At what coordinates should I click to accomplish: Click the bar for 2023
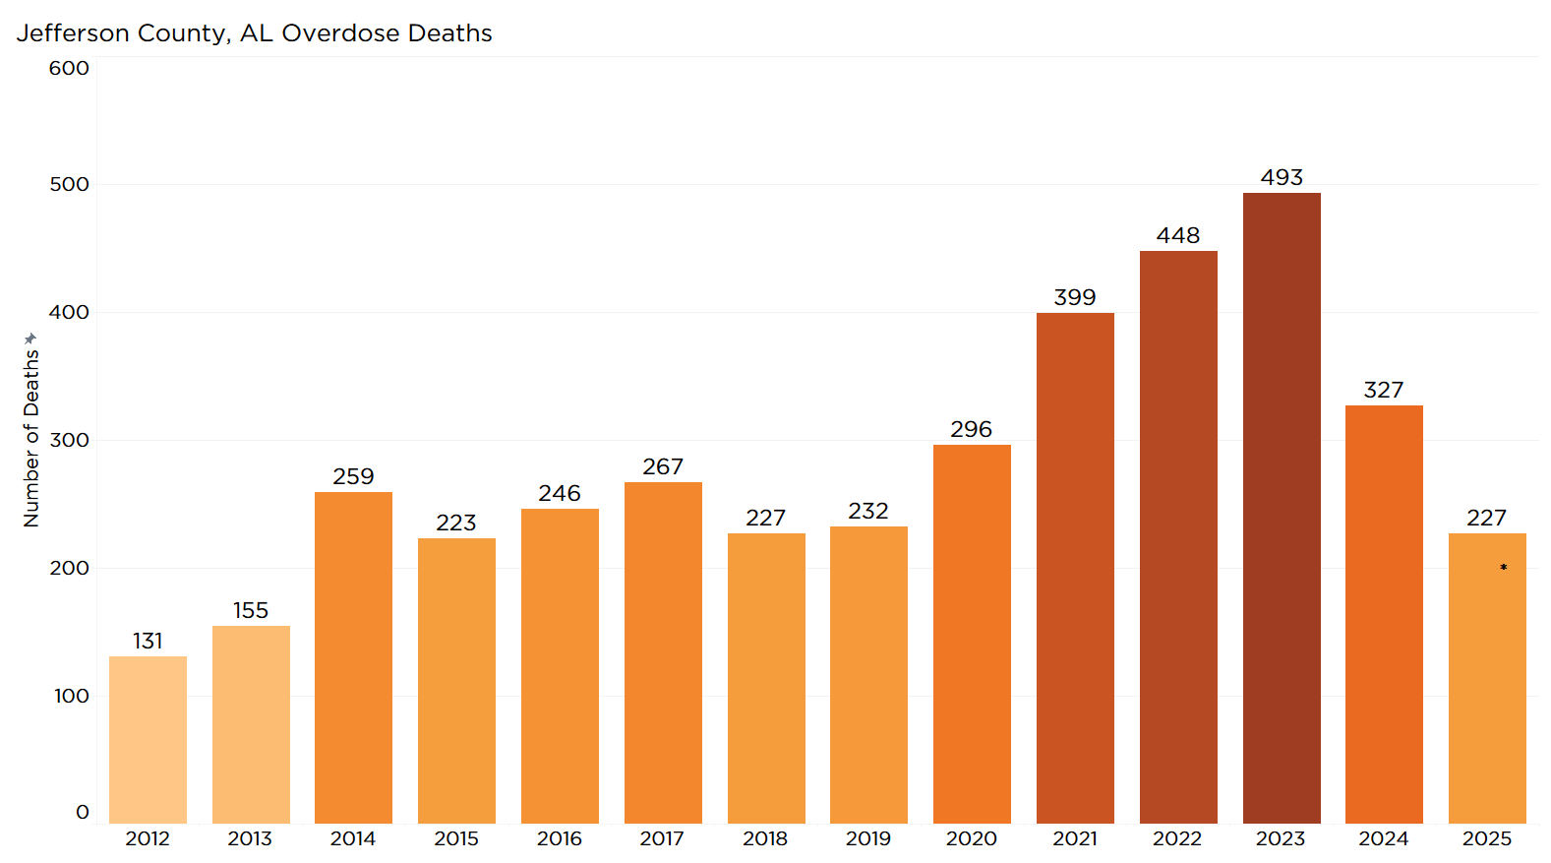pos(1282,508)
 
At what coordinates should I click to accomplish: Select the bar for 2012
pos(148,740)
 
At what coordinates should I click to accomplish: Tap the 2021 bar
pos(1075,568)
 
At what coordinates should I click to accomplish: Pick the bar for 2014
pos(353,657)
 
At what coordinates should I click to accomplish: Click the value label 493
pos(1282,177)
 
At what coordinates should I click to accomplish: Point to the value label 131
pos(148,641)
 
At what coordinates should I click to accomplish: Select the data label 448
pos(1178,235)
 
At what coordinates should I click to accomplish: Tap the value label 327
pos(1384,390)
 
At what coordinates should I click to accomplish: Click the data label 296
pos(972,429)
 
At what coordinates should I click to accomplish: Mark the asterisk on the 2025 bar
pos(1504,568)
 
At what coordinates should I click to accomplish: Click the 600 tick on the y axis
pos(69,68)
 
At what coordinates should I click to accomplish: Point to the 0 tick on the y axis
pos(83,812)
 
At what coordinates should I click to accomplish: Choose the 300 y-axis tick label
pos(69,440)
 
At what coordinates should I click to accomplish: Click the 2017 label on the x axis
pos(662,838)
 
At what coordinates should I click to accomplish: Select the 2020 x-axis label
pos(972,838)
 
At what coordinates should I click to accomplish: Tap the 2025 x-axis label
pos(1487,838)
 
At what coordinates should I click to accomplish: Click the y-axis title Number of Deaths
pos(31,439)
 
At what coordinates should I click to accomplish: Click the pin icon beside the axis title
pos(30,339)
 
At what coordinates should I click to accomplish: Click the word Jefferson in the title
pos(73,33)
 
